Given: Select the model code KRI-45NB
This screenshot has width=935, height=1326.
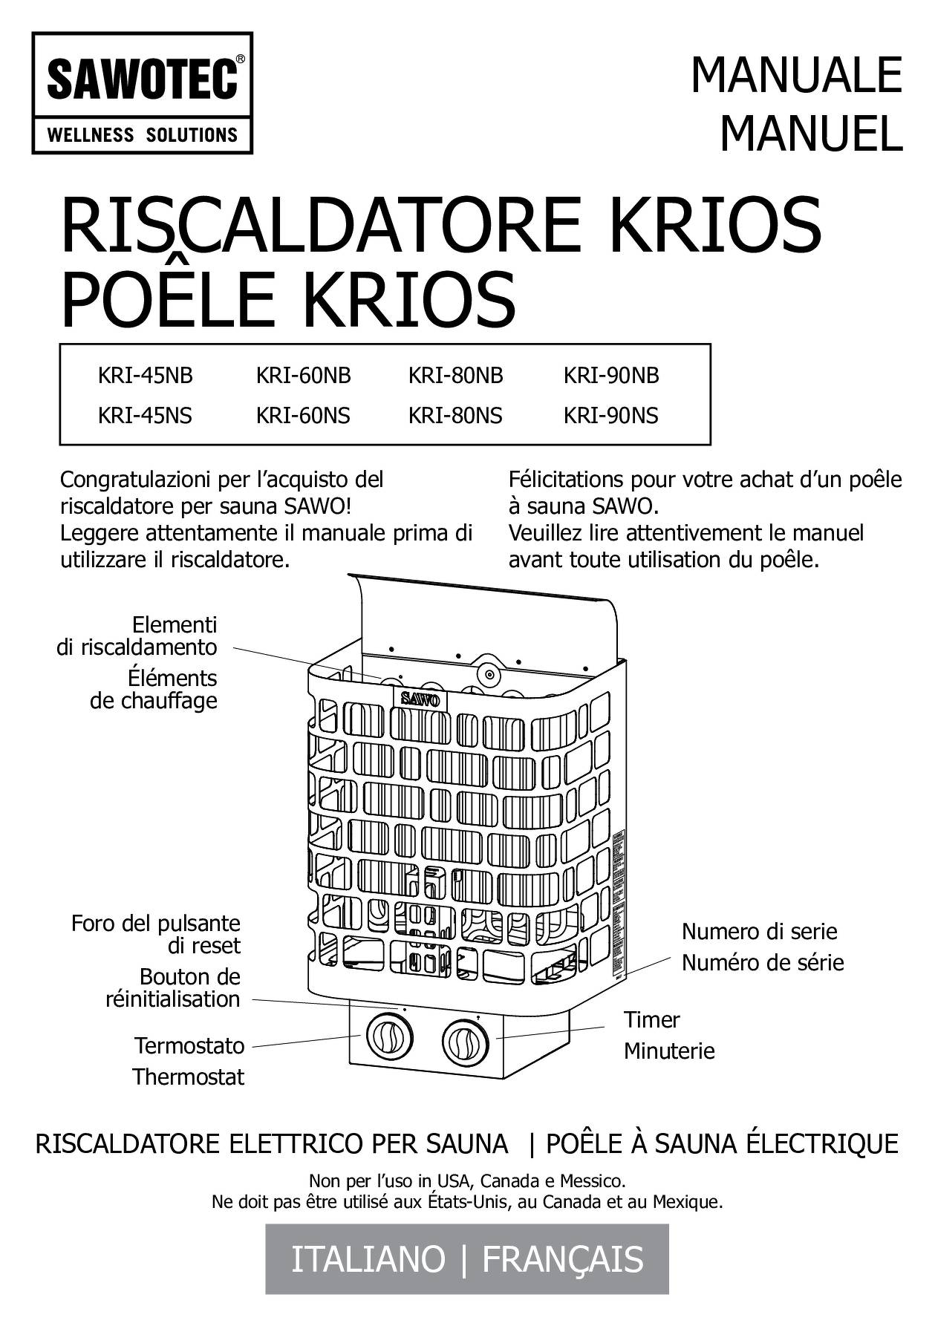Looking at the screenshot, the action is click(x=145, y=376).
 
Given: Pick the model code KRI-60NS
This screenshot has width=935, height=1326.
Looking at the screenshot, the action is click(x=303, y=415).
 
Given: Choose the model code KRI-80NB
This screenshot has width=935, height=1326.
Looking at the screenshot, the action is click(x=455, y=376).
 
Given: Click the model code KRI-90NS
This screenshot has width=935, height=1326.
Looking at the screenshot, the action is click(x=610, y=415).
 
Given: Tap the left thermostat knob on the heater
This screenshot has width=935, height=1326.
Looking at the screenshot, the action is click(x=386, y=1035).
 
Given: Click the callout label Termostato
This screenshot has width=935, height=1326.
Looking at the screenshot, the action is click(x=189, y=1045).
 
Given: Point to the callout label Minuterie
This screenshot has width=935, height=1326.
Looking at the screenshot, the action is click(x=669, y=1051).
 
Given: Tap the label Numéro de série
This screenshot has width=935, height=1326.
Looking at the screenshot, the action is click(x=763, y=963).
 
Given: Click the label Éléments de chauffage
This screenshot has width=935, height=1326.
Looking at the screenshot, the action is click(x=154, y=689).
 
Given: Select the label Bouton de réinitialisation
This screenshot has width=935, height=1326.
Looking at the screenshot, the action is click(x=173, y=987).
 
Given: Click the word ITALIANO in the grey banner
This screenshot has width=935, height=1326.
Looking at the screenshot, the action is click(x=368, y=1259).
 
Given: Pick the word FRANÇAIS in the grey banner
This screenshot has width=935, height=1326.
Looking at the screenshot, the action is click(x=563, y=1260).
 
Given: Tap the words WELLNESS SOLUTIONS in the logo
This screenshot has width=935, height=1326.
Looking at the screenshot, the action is click(x=143, y=135).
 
